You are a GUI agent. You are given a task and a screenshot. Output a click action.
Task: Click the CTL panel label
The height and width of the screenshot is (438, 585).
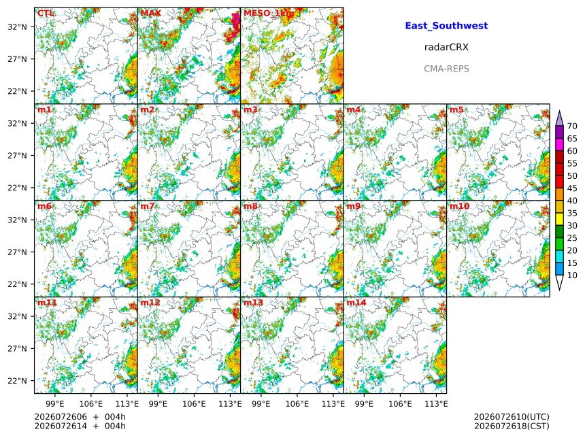pyautogui.click(x=45, y=14)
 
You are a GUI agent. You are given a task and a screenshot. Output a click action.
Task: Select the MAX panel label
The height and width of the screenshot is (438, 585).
pyautogui.click(x=151, y=14)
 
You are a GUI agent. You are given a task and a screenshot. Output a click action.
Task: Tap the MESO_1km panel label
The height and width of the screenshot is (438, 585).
pyautogui.click(x=269, y=14)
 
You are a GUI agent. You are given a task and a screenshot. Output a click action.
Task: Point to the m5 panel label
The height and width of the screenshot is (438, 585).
pyautogui.click(x=456, y=109)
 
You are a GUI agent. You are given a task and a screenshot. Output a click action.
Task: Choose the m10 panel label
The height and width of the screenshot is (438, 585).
pyautogui.click(x=459, y=206)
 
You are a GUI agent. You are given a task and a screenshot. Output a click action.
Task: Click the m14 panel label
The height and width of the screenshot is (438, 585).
pyautogui.click(x=356, y=303)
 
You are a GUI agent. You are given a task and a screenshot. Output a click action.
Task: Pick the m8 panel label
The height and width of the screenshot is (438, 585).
pyautogui.click(x=251, y=206)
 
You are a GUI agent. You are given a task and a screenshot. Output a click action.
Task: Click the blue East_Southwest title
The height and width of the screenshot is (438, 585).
pyautogui.click(x=446, y=26)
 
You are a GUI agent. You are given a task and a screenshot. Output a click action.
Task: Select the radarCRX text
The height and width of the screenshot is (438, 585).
pyautogui.click(x=446, y=48)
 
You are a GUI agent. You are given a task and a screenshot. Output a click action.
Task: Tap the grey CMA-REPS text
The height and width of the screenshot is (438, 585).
pyautogui.click(x=446, y=69)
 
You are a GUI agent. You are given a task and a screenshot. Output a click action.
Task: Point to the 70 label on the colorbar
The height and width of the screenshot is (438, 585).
pyautogui.click(x=572, y=127)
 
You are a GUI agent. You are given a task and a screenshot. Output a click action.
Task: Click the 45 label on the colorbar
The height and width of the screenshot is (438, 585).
pyautogui.click(x=572, y=188)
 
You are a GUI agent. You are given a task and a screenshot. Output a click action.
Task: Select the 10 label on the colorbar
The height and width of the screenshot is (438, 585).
pyautogui.click(x=572, y=275)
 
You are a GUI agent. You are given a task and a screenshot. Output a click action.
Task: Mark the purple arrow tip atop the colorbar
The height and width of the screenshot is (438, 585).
pyautogui.click(x=559, y=111)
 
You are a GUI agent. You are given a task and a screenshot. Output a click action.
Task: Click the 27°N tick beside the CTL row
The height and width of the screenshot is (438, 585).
pyautogui.click(x=17, y=59)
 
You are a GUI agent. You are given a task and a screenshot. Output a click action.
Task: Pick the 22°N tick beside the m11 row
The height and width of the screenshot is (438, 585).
pyautogui.click(x=17, y=381)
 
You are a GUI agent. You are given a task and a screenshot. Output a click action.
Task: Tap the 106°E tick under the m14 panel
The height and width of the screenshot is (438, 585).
pyautogui.click(x=401, y=404)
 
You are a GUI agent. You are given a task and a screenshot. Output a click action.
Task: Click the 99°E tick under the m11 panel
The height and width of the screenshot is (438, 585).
pyautogui.click(x=55, y=404)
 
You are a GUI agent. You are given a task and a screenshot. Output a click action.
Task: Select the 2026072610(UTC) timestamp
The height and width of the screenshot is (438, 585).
pyautogui.click(x=512, y=417)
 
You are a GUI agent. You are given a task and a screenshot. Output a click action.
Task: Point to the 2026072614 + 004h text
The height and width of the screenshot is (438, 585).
pyautogui.click(x=80, y=426)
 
